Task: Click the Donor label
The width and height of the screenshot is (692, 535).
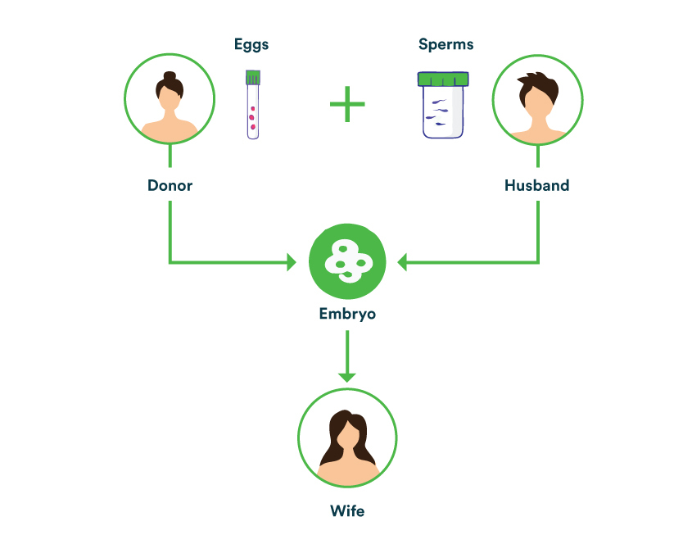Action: click(170, 185)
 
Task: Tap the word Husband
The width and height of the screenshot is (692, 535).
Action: click(536, 185)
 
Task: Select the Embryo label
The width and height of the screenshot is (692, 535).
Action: click(347, 313)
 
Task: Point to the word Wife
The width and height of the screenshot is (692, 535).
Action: click(347, 511)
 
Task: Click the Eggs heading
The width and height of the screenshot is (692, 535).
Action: click(251, 44)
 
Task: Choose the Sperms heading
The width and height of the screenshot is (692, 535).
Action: click(446, 44)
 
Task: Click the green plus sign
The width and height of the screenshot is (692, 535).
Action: click(347, 105)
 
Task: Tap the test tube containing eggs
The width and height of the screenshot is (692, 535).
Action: click(253, 107)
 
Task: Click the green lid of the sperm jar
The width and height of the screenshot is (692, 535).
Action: click(443, 79)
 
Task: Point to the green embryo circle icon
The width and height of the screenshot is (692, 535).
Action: click(347, 262)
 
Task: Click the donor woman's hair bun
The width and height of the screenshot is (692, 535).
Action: click(170, 76)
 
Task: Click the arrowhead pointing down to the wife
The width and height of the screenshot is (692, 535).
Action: click(347, 376)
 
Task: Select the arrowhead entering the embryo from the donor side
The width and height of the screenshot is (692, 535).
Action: click(290, 263)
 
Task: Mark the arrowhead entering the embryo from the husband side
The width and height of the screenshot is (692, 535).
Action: click(403, 263)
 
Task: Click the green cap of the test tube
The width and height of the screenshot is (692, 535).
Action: click(253, 78)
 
